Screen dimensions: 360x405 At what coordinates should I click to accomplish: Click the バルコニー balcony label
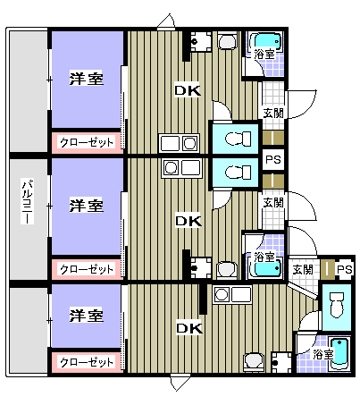point(27,201)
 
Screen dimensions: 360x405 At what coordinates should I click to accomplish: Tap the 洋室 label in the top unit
point(87,79)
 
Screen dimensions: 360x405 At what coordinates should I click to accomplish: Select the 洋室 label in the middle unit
point(87,206)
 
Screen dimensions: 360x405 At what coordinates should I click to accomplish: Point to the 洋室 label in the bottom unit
point(87,316)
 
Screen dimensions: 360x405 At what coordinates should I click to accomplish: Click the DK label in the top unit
point(188,90)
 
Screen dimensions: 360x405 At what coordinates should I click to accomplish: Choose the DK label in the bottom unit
point(189,328)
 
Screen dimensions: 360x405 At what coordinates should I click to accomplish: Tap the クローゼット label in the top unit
point(87,142)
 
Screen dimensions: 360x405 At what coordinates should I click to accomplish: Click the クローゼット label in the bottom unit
point(87,362)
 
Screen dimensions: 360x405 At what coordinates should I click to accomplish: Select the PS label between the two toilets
point(273,160)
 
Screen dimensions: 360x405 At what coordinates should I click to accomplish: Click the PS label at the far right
point(345,270)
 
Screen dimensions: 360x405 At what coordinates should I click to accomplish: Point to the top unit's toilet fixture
point(239,139)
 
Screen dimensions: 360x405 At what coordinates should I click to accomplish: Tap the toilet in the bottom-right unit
point(336,305)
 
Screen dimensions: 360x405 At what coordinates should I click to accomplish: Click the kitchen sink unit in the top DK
point(179,143)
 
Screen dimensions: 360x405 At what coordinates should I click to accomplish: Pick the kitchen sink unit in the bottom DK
point(232,294)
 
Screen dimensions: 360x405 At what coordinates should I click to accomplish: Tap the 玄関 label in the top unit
point(273,114)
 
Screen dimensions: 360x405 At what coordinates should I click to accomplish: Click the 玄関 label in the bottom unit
point(303,269)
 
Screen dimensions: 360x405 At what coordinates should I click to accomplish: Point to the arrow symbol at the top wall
point(166,21)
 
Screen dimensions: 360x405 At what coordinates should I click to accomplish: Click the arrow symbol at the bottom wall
point(180,383)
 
